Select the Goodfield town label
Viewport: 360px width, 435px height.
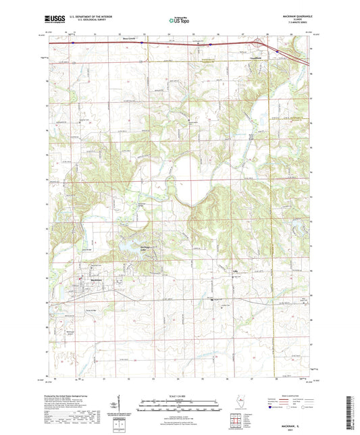(255, 59)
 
